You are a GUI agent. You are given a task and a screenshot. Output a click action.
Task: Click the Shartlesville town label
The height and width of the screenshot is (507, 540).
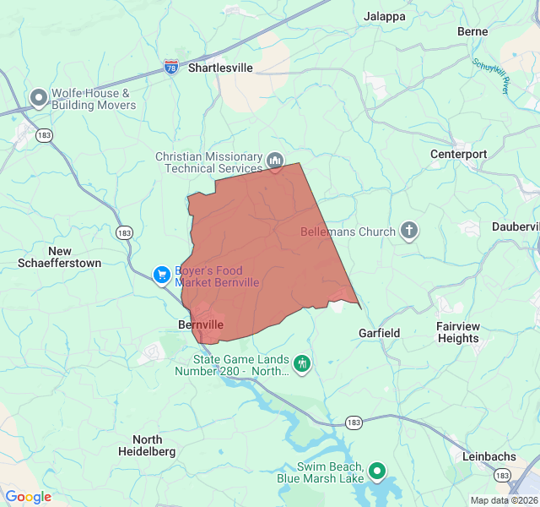pyautogui.click(x=220, y=68)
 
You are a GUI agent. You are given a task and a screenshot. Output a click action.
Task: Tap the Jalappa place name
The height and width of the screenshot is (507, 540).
pyautogui.click(x=384, y=16)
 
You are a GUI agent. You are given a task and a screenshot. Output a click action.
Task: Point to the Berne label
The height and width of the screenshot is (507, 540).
pyautogui.click(x=472, y=31)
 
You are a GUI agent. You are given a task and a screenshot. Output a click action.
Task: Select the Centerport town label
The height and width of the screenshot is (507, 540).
pyautogui.click(x=459, y=155)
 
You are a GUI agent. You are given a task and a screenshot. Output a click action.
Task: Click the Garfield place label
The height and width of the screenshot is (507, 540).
pyautogui.click(x=380, y=333)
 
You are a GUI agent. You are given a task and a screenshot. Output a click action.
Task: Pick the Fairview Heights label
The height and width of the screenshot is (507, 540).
pyautogui.click(x=458, y=332)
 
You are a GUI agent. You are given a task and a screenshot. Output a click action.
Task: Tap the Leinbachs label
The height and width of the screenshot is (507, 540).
pyautogui.click(x=489, y=456)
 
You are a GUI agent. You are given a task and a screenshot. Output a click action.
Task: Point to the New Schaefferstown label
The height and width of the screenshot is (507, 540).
pyautogui.click(x=60, y=257)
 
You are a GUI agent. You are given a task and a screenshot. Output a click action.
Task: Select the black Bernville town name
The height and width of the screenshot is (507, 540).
pyautogui.click(x=201, y=324)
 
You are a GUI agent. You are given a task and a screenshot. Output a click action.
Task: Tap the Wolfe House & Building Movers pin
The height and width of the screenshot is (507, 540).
pyautogui.click(x=38, y=99)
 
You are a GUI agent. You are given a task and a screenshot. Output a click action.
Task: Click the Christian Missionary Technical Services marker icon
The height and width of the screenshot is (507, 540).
pyautogui.click(x=275, y=161)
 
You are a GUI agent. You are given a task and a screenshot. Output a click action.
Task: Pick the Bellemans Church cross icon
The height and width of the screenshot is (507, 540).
pyautogui.click(x=409, y=231)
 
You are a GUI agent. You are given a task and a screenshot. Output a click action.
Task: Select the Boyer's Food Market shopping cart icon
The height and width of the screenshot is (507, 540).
pyautogui.click(x=161, y=275)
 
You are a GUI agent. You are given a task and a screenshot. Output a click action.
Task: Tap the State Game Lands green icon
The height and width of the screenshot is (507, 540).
pyautogui.click(x=302, y=364)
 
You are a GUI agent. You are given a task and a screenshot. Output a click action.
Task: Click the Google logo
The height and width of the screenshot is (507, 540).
pyautogui.click(x=28, y=497)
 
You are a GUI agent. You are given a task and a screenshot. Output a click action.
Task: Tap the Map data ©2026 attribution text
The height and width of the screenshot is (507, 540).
pyautogui.click(x=504, y=500)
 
